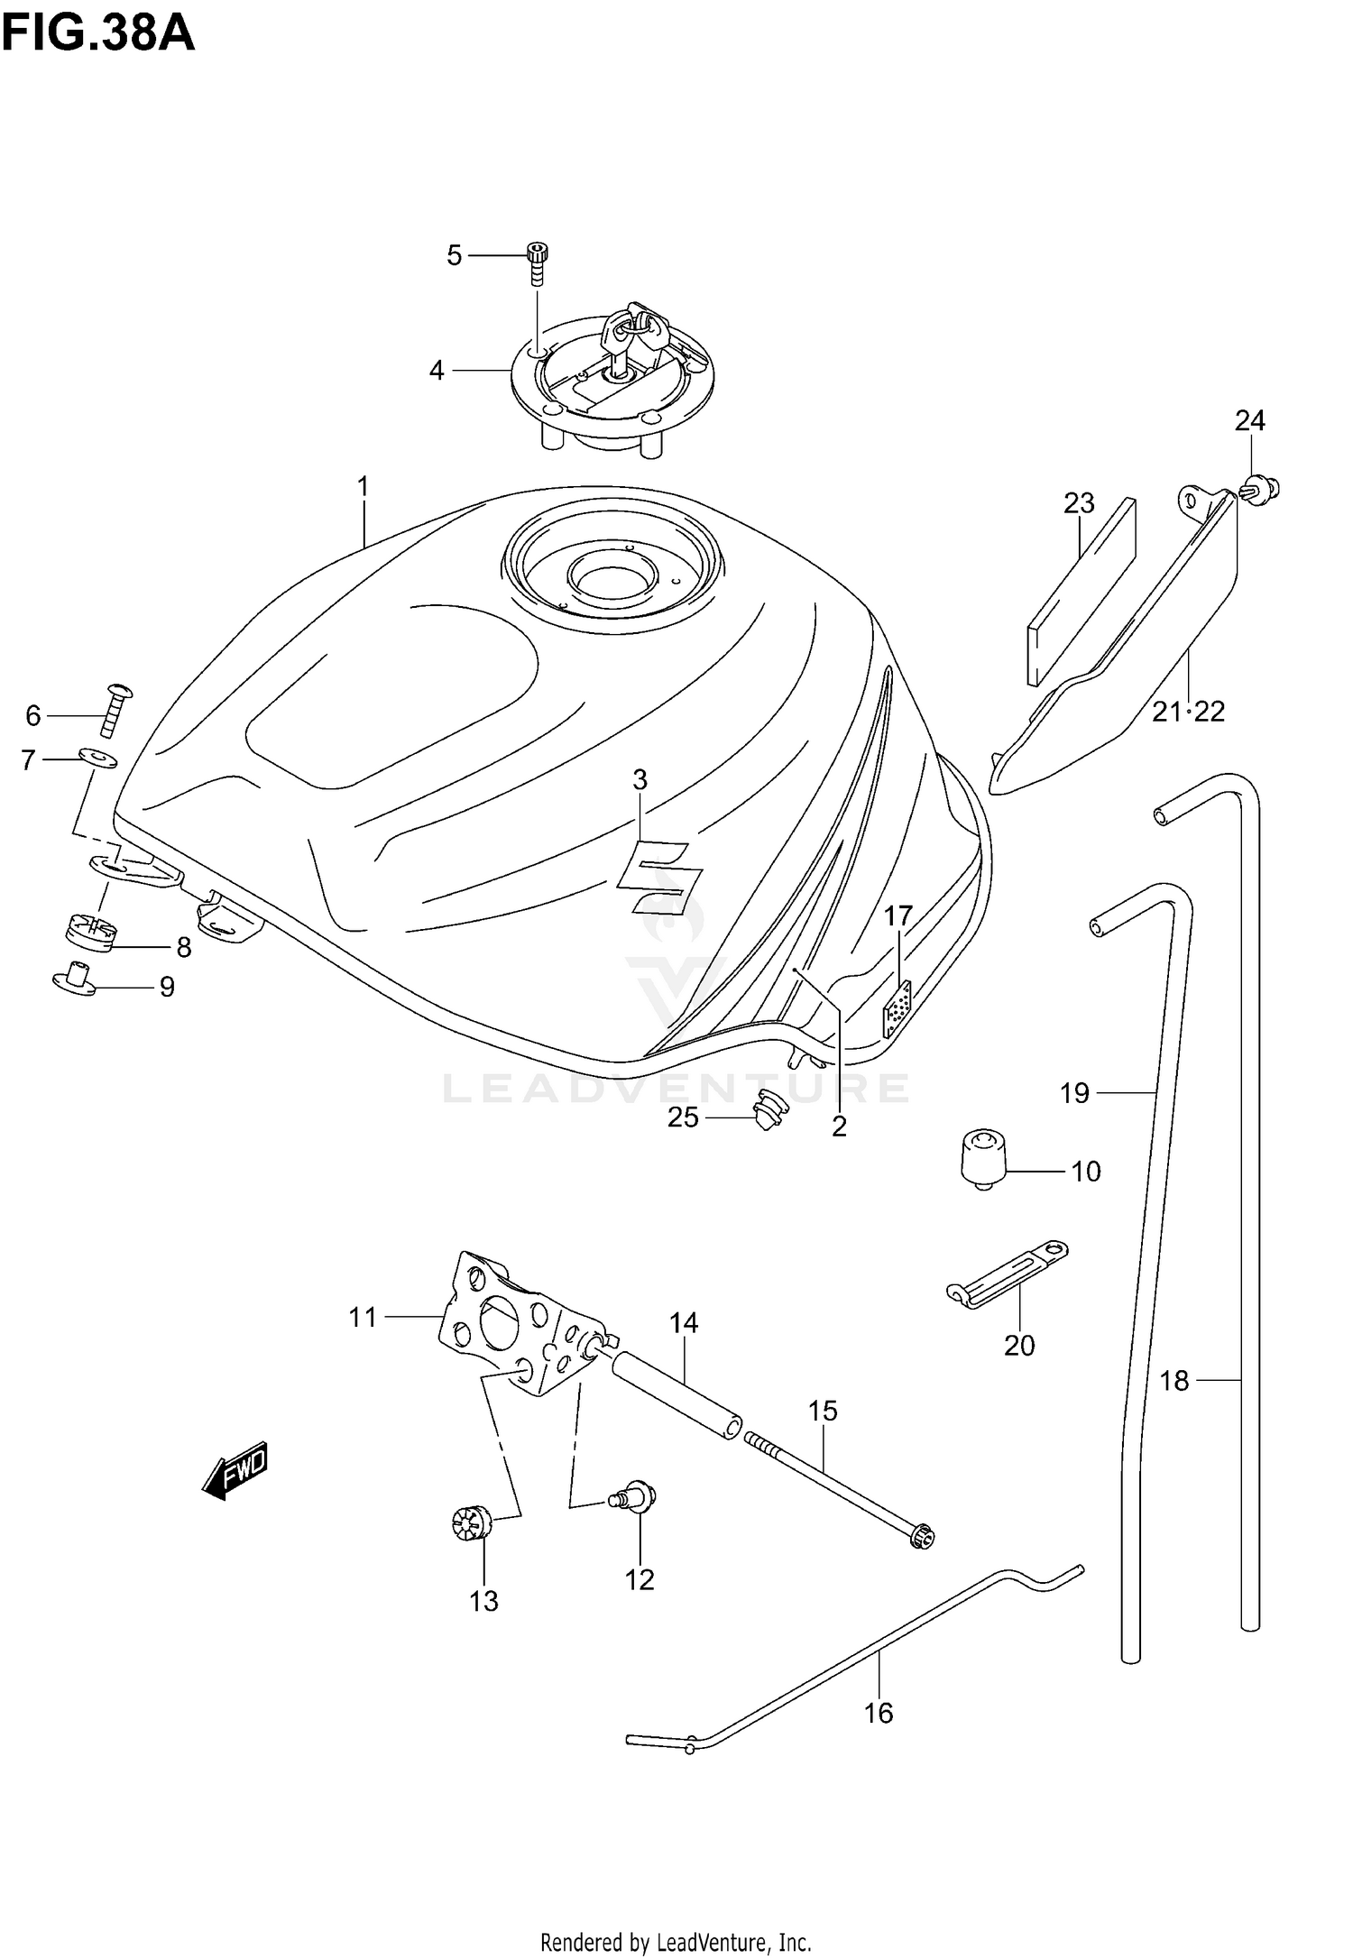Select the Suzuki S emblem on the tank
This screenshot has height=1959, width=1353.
659,876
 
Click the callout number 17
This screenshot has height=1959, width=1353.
898,916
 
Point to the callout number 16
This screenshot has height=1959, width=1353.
879,1712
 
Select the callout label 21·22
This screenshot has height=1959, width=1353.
1188,712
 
